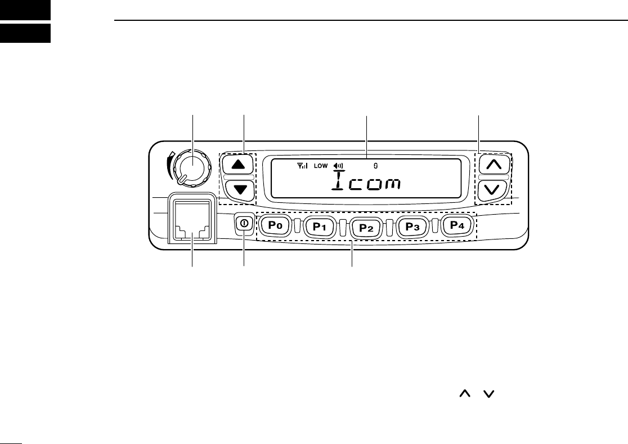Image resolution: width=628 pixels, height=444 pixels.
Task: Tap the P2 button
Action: (366, 228)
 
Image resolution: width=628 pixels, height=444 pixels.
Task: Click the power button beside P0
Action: (243, 223)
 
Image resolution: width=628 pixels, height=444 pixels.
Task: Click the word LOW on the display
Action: (320, 166)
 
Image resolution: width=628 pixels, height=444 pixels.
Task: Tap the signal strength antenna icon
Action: (303, 166)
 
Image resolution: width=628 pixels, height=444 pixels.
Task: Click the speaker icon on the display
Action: (338, 166)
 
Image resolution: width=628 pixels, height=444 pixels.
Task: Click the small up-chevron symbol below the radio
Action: (465, 397)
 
